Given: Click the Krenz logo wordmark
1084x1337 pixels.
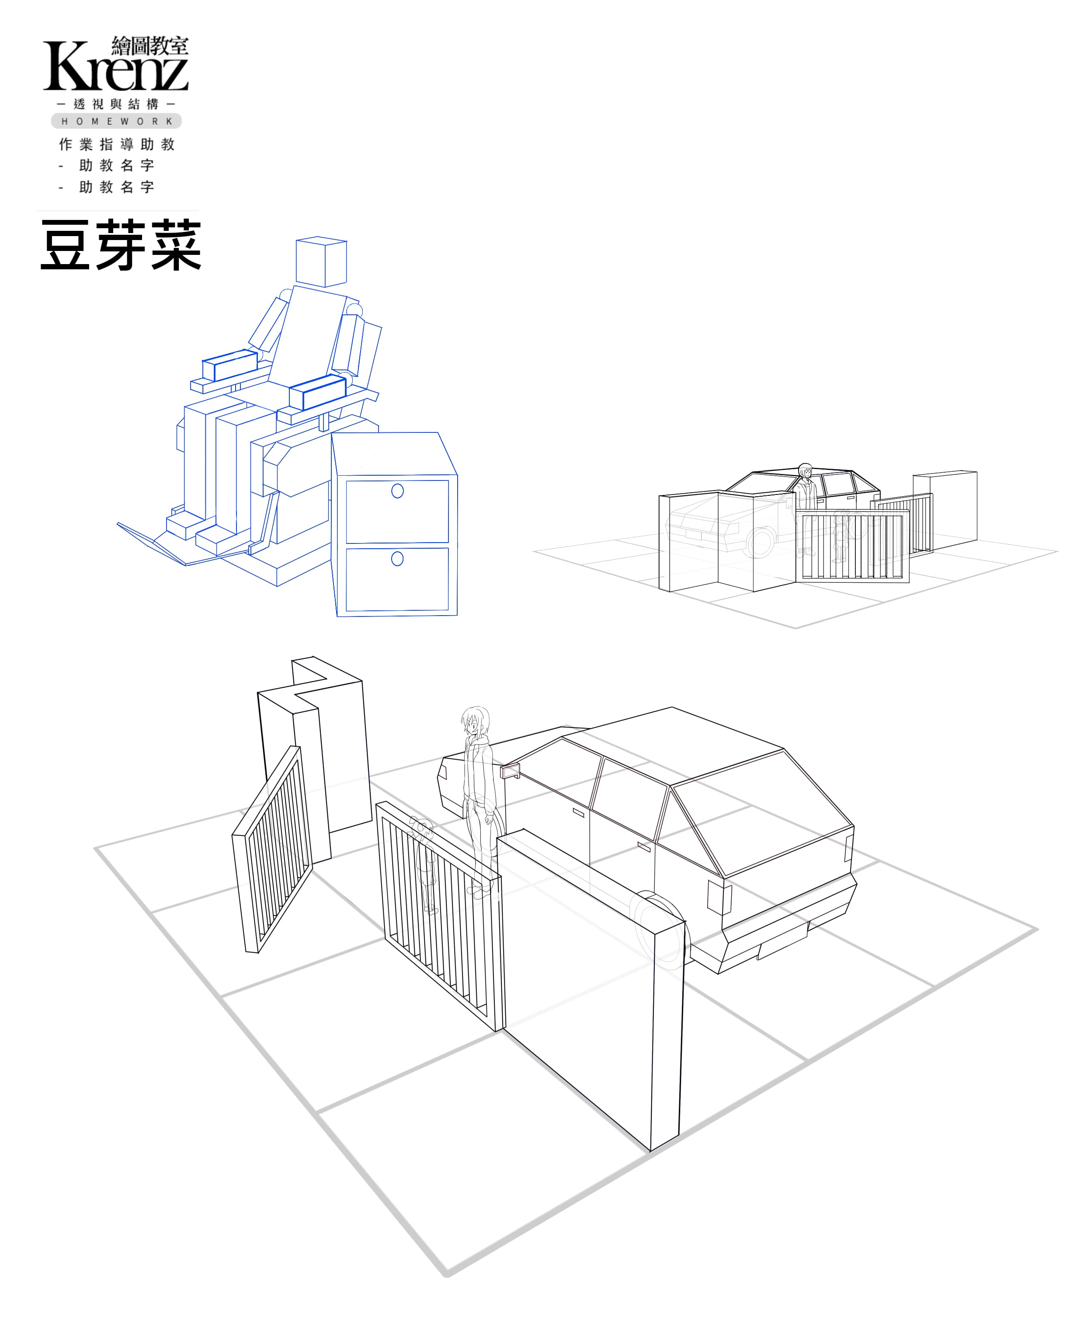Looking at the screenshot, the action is point(115,66).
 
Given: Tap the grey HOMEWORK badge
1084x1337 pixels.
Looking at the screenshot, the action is point(116,121).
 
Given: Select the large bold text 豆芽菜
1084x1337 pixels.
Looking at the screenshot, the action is point(121,245).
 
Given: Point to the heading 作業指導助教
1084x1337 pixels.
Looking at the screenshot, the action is point(117,144).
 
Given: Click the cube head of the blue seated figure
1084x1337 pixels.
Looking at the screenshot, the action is point(321,262).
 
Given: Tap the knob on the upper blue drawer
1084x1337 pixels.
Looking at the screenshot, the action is point(397,491).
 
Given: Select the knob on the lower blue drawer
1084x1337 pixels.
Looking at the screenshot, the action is point(397,558).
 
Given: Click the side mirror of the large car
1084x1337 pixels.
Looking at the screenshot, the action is point(510,771).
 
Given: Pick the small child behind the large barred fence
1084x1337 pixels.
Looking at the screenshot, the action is point(424,865).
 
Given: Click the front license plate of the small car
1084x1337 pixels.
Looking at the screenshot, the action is point(694,534).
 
